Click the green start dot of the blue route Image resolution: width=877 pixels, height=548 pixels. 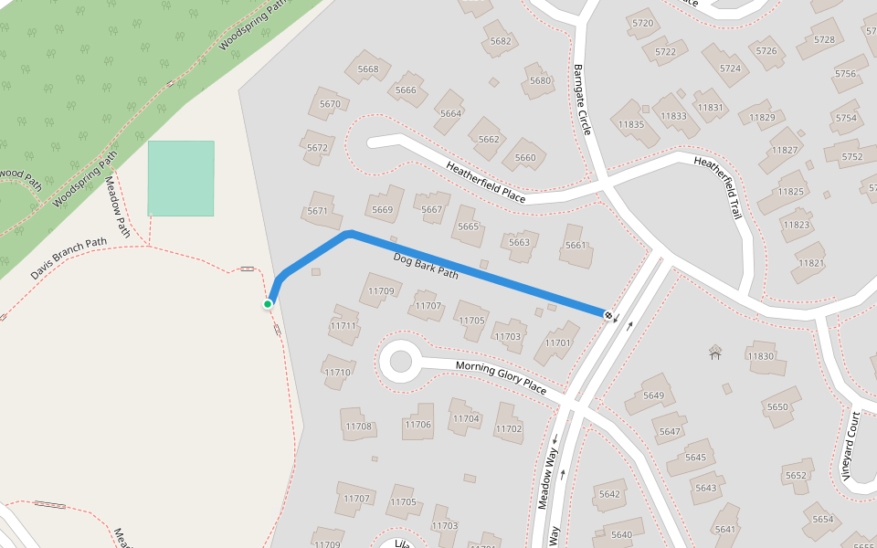268,304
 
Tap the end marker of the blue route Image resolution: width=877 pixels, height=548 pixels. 608,314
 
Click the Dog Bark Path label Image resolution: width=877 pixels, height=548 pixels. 426,265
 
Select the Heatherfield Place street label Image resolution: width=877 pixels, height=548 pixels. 485,183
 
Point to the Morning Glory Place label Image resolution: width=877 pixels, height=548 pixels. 501,377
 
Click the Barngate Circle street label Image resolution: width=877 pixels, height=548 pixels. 583,100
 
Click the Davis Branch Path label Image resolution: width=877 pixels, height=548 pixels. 69,259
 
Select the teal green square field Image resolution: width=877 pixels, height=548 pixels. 181,178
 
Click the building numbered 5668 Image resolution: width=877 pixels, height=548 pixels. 368,68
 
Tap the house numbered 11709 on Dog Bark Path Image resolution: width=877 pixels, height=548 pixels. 380,291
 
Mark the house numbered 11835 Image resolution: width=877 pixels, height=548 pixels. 632,124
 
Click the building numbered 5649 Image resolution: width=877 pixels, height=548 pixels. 652,395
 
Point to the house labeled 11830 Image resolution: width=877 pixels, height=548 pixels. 761,355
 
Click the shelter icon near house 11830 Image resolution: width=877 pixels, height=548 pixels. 715,352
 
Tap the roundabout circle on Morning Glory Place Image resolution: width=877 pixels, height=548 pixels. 400,363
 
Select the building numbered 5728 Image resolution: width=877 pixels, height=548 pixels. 823,39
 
